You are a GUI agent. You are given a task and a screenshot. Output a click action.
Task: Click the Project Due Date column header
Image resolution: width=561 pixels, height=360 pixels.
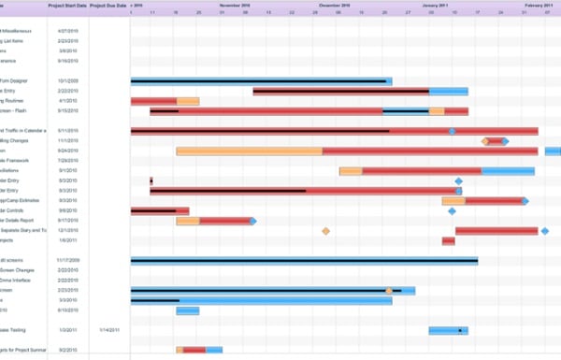pyautogui.click(x=109, y=5)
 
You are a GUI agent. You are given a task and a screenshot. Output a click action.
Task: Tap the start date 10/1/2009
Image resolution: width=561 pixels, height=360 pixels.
pyautogui.click(x=67, y=81)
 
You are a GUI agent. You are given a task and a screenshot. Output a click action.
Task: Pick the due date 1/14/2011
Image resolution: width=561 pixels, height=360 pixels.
pyautogui.click(x=109, y=330)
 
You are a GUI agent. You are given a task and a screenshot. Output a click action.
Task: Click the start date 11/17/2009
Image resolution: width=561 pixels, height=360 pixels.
pyautogui.click(x=67, y=260)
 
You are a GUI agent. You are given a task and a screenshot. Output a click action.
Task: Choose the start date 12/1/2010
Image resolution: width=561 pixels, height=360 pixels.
pyautogui.click(x=67, y=230)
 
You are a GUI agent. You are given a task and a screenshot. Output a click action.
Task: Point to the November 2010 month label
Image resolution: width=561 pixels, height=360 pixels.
pyautogui.click(x=234, y=5)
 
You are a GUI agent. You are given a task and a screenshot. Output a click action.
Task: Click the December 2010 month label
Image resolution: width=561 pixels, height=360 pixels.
pyautogui.click(x=334, y=5)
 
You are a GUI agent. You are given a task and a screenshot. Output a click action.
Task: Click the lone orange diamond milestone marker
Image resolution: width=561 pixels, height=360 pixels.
pyautogui.click(x=325, y=231)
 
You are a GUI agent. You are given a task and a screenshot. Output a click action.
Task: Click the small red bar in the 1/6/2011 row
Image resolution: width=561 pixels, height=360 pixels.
pyautogui.click(x=449, y=241)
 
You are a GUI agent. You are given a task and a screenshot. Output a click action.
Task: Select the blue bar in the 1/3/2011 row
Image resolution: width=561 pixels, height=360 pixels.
pyautogui.click(x=448, y=330)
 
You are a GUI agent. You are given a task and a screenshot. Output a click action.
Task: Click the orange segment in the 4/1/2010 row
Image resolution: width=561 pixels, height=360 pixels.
pyautogui.click(x=187, y=101)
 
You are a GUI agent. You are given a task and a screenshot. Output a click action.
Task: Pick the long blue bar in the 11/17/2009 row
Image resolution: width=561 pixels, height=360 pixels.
pyautogui.click(x=304, y=261)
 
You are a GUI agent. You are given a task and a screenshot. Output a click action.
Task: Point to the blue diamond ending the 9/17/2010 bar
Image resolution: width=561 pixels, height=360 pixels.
pyautogui.click(x=252, y=221)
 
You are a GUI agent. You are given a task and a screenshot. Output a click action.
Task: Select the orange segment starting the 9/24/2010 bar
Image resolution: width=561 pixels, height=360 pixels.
pyautogui.click(x=249, y=151)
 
